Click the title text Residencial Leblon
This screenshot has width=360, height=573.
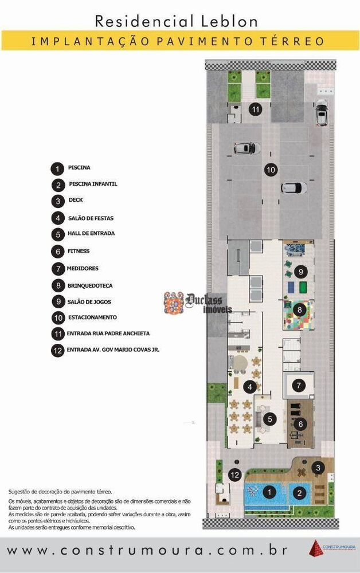(176, 21)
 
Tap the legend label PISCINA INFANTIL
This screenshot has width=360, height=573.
(93, 184)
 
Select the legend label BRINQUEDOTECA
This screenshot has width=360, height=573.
(89, 285)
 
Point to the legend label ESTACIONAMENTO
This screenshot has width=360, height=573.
(92, 317)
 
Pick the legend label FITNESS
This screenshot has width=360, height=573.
(79, 251)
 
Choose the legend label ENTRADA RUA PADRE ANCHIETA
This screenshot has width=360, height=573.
(108, 333)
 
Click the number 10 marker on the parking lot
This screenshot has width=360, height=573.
(271, 170)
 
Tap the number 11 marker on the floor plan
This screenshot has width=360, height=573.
(255, 109)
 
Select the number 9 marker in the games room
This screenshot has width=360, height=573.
(299, 271)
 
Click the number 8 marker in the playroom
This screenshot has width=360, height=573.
(299, 309)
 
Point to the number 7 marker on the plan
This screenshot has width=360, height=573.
(298, 386)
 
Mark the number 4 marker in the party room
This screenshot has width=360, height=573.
(249, 387)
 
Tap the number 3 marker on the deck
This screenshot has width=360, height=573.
(318, 468)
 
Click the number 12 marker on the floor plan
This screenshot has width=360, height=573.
(234, 474)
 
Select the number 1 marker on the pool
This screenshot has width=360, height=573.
(269, 491)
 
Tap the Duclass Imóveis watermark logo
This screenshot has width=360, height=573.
(195, 303)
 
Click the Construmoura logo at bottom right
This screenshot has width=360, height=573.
(330, 548)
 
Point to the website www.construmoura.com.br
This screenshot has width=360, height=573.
(147, 551)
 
